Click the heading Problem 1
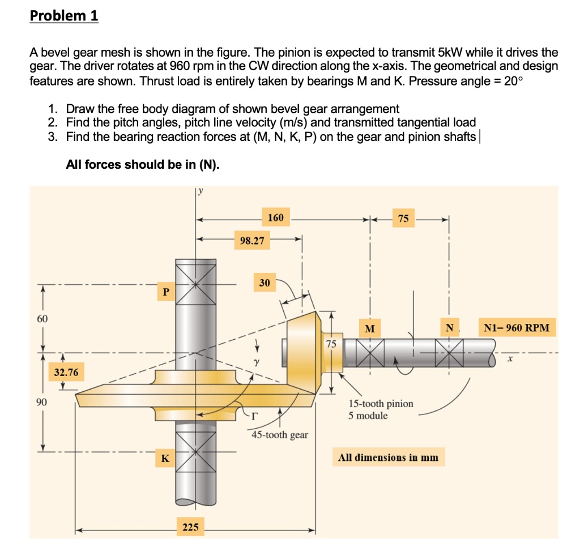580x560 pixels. pos(64,16)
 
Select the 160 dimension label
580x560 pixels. pos(276,217)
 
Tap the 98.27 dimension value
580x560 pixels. pos(252,241)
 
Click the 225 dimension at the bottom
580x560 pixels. pos(190,527)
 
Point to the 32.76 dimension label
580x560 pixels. pos(66,373)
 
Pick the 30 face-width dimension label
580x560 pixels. pos(265,283)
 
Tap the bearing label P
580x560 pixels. pos(165,292)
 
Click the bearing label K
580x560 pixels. pos(165,458)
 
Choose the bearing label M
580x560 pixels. pos(370,328)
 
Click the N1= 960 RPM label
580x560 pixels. pos(517,328)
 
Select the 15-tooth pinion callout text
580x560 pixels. pos(381,404)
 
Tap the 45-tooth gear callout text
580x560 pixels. pos(280,434)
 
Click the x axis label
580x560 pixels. pos(509,358)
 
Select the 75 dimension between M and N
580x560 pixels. pos(403,219)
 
